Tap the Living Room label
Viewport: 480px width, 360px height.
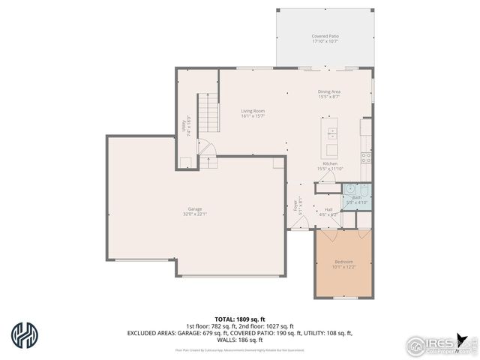252,111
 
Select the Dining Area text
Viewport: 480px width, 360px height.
329,91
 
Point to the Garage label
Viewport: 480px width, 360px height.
194,208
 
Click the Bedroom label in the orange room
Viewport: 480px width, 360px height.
343,261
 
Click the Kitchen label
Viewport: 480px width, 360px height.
330,163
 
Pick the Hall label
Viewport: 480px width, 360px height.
328,209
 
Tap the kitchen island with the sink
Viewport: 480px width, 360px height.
331,134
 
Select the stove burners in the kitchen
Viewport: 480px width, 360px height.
365,157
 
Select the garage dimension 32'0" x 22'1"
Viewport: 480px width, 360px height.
194,214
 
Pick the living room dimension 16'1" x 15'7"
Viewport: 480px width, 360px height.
252,116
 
